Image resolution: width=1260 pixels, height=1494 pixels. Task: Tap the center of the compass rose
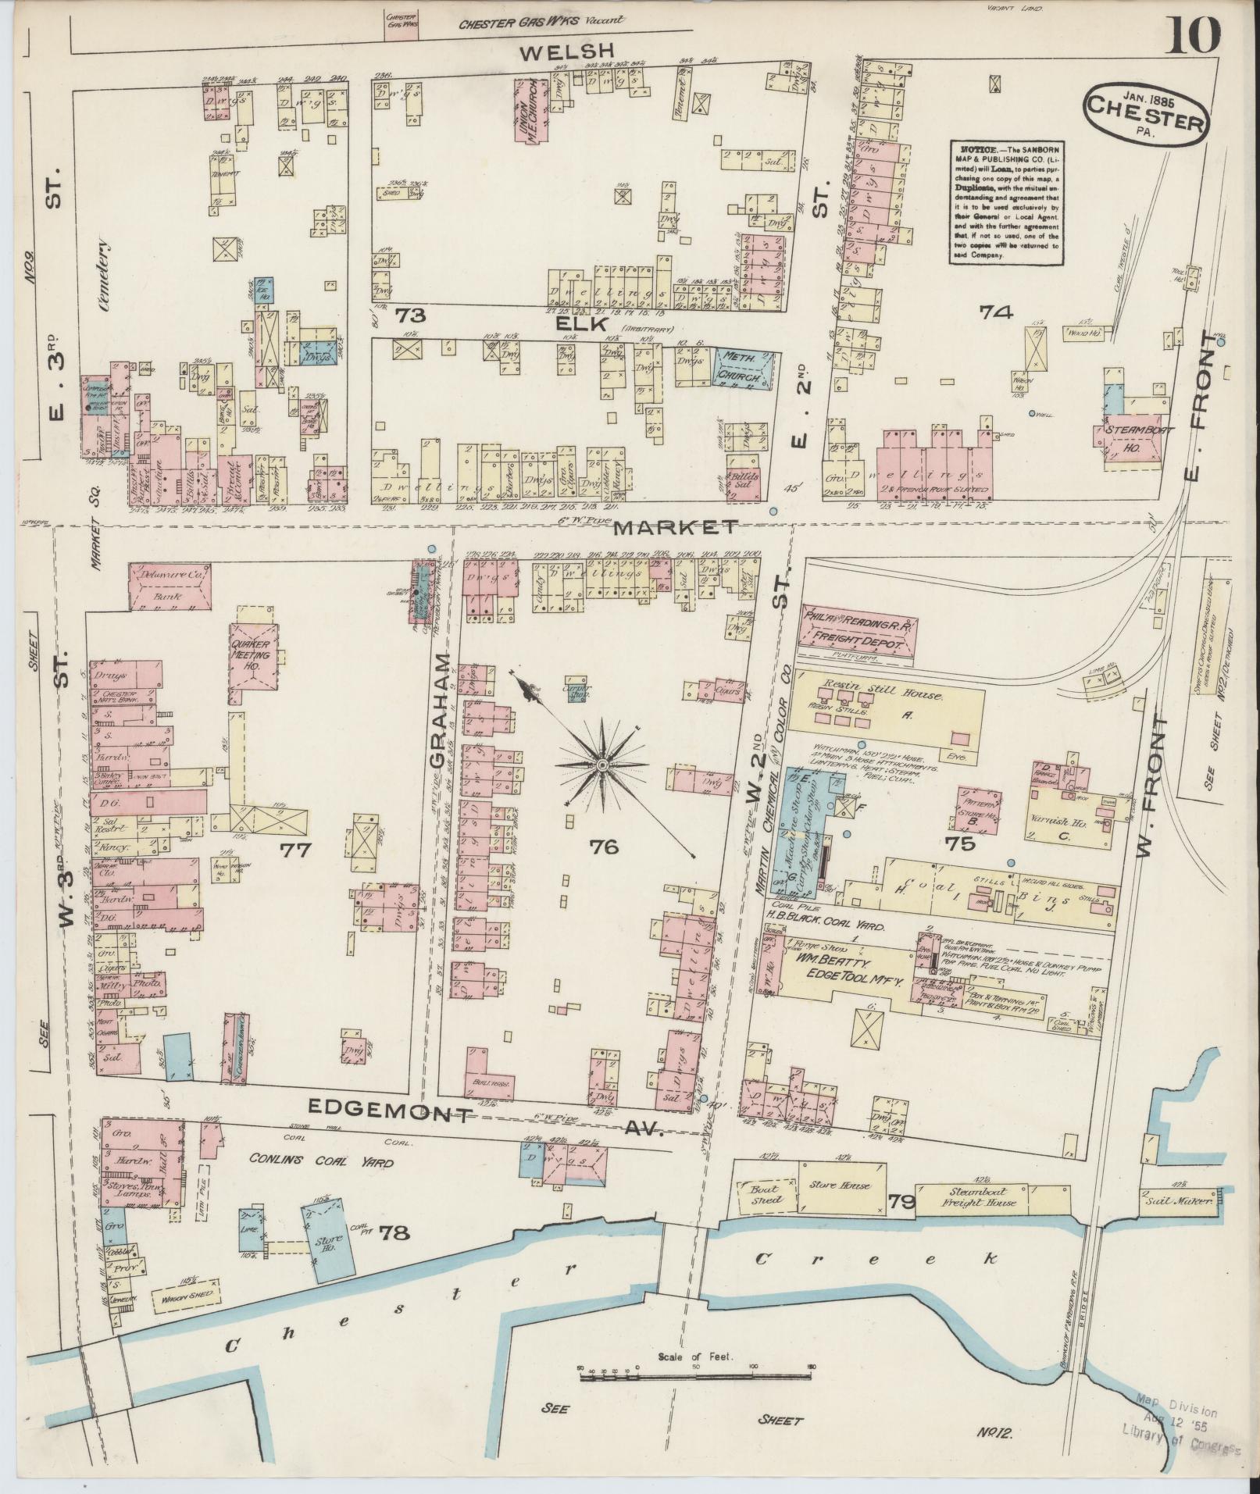pos(602,766)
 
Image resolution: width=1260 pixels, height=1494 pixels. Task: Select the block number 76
pos(605,846)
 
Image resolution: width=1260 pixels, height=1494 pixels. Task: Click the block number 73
pos(409,316)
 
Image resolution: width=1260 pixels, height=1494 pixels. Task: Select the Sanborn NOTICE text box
pos(1005,202)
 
